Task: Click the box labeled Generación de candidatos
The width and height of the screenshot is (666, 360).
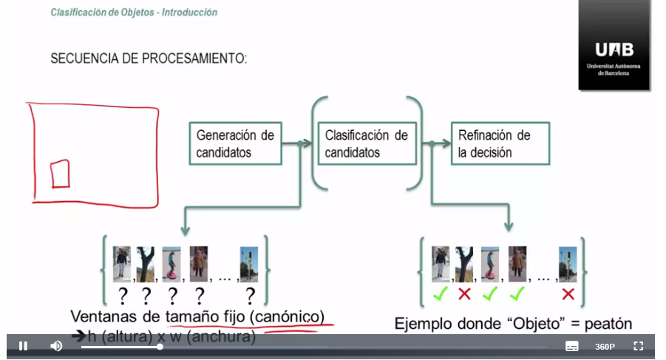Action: [x=235, y=144]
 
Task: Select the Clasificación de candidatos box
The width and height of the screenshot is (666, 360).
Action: [x=367, y=144]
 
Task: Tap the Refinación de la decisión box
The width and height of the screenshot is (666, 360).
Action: [x=499, y=144]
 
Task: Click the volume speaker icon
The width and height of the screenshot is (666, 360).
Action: [x=56, y=346]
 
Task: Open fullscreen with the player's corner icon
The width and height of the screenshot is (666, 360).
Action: [x=639, y=346]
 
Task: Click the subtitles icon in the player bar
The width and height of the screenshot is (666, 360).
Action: [x=571, y=346]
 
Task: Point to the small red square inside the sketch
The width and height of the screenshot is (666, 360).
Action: [x=60, y=174]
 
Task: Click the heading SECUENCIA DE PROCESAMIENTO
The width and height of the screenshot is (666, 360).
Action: [x=148, y=58]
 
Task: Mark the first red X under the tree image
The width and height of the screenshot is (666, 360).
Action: [x=464, y=294]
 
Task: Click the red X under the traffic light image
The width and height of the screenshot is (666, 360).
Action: [x=568, y=294]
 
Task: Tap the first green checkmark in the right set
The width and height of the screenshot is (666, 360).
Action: [x=441, y=294]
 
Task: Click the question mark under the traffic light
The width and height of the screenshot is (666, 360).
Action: [x=250, y=296]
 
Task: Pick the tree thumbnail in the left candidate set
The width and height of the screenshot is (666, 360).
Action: [x=146, y=263]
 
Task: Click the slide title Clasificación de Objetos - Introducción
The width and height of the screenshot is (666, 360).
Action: [x=134, y=13]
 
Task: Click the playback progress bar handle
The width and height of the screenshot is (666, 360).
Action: [x=160, y=346]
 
